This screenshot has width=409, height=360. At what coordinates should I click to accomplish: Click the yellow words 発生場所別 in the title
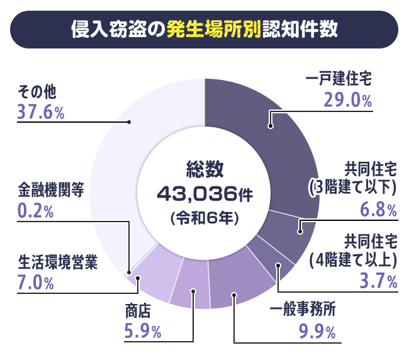(x=213, y=30)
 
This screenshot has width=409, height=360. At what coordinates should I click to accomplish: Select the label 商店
(x=139, y=311)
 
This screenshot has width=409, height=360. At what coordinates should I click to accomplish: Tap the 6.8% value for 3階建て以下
(x=378, y=208)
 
